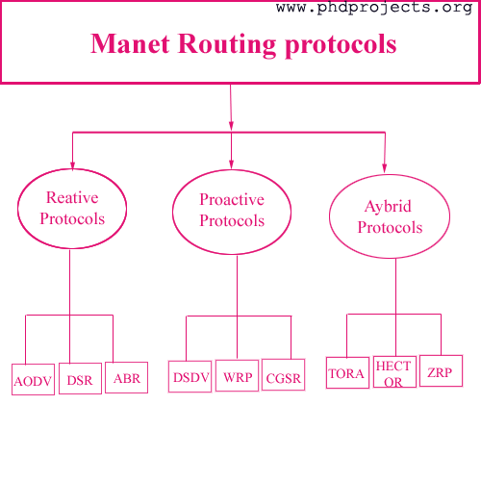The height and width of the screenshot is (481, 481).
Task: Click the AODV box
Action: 33,379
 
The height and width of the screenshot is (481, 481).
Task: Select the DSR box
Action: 80,378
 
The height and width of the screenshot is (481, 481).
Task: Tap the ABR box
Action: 126,377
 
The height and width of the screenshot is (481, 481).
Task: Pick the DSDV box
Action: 190,376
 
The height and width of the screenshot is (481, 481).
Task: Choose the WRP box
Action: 237,375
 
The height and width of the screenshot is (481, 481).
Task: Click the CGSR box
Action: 283,374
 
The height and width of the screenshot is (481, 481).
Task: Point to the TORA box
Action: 347,372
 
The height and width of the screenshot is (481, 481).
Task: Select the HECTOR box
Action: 394,371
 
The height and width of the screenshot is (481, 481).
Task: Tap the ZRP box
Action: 441,370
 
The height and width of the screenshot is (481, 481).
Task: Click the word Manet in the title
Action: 130,43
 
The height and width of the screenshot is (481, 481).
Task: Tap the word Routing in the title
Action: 227,45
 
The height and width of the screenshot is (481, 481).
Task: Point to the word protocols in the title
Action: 341,45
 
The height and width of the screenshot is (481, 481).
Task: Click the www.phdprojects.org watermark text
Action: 374,8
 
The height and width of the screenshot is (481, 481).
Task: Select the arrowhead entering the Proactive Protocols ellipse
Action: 231,164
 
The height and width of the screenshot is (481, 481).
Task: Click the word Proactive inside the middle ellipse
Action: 232,200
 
